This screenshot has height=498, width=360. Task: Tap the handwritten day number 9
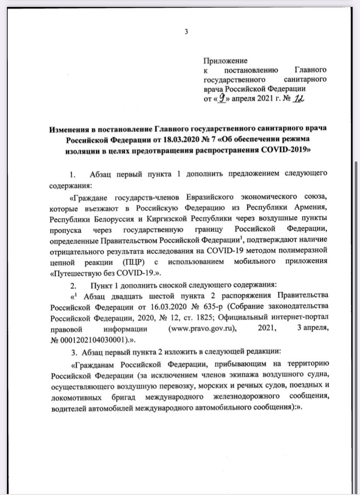tap(223, 99)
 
